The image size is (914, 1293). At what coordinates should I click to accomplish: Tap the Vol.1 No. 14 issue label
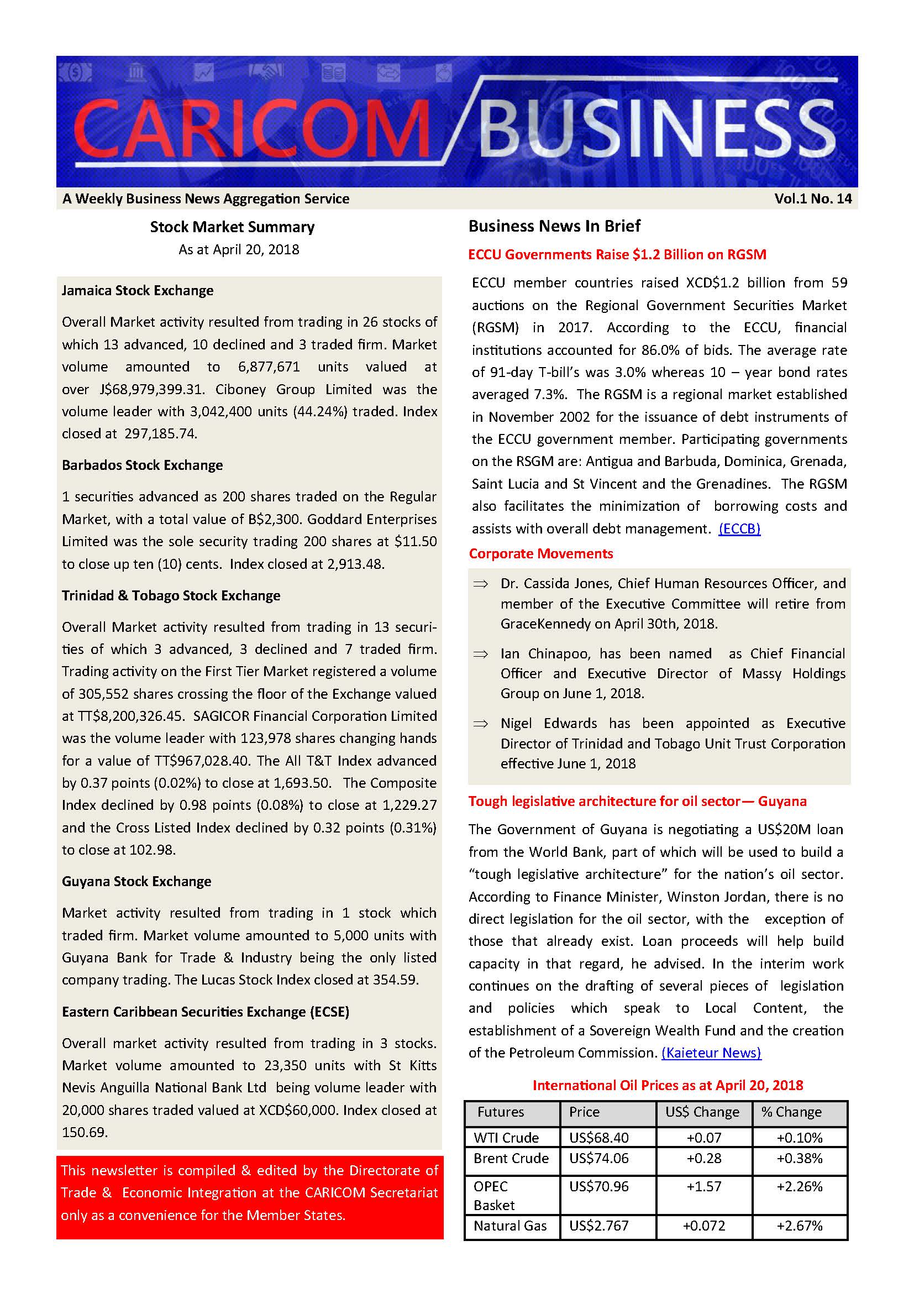(x=812, y=199)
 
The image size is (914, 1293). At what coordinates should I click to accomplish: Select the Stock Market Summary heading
(x=232, y=227)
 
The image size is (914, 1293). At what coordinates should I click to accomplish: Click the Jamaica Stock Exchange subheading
(x=138, y=291)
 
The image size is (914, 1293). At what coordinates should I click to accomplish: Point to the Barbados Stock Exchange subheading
(x=142, y=465)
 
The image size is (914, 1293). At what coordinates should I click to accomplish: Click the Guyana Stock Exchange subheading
(x=136, y=881)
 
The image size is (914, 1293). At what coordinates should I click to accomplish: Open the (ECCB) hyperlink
(x=739, y=528)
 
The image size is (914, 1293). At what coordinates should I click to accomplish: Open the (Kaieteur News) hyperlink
(x=711, y=1053)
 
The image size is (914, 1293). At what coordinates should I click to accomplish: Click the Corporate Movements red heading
(x=540, y=553)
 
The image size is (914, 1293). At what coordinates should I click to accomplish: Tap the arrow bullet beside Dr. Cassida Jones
(x=480, y=584)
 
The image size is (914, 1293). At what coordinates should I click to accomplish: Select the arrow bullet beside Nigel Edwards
(x=480, y=724)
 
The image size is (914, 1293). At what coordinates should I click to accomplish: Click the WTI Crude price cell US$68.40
(x=598, y=1138)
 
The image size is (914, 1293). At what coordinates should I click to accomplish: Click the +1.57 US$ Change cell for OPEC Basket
(x=703, y=1186)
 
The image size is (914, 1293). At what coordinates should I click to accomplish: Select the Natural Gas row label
(x=509, y=1226)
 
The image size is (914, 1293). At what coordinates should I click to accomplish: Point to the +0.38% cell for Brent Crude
(x=799, y=1159)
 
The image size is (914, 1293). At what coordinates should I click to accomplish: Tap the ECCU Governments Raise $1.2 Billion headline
(x=617, y=254)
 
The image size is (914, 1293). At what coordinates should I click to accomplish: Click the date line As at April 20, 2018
(x=239, y=249)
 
